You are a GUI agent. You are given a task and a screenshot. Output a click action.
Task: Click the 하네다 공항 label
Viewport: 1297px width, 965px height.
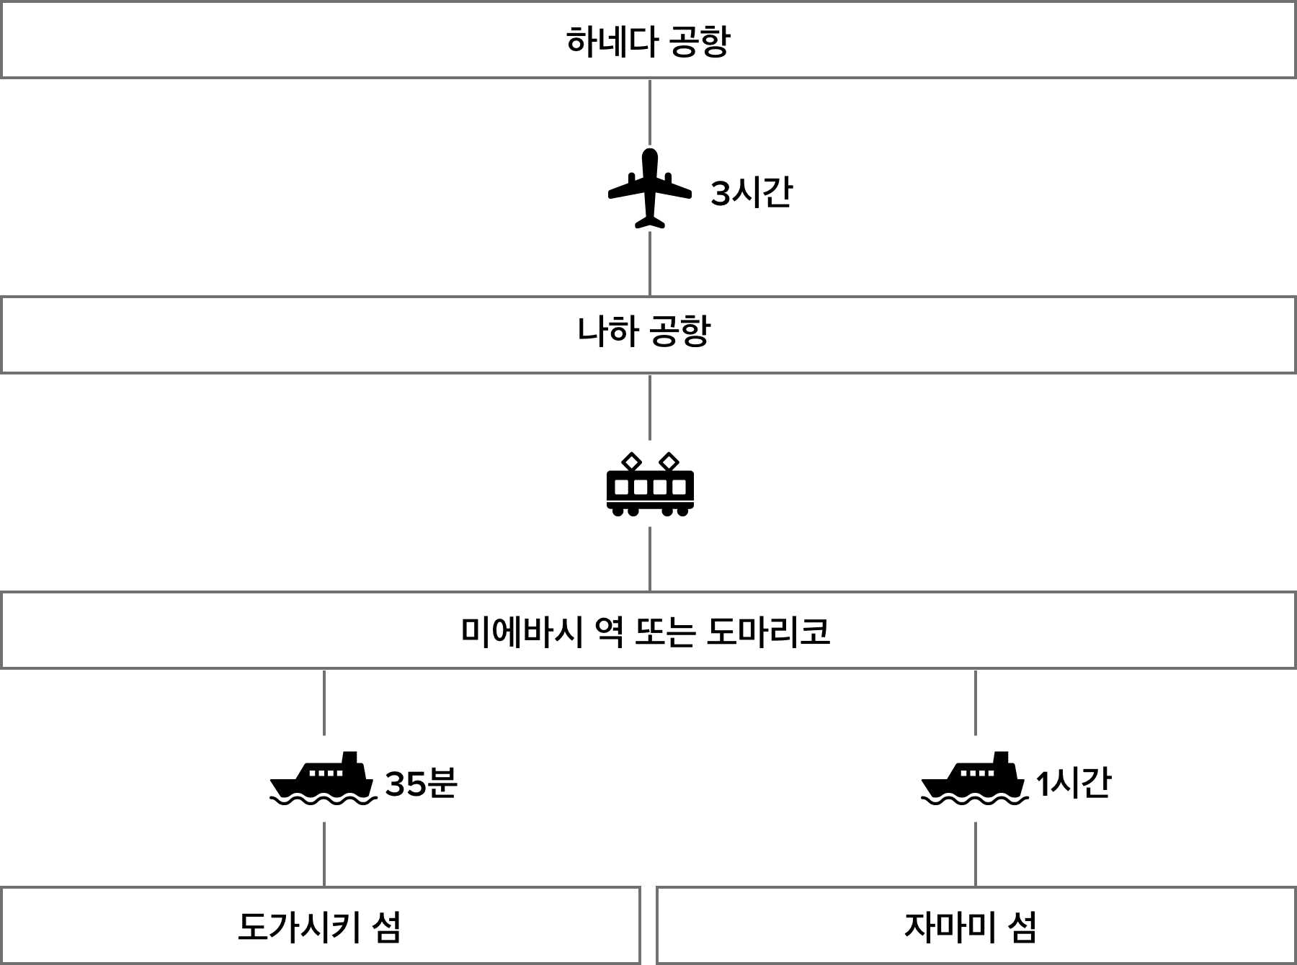(x=648, y=41)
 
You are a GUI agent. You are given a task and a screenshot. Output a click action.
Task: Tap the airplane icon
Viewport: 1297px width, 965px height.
(x=650, y=189)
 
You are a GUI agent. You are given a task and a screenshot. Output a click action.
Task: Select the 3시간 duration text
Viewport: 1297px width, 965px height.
(x=752, y=193)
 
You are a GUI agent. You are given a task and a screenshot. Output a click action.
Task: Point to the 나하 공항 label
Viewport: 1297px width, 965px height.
(x=644, y=331)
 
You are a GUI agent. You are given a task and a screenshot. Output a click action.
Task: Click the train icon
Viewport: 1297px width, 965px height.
(x=650, y=484)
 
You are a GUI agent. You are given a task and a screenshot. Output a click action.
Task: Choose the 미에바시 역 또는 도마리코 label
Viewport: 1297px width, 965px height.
(x=646, y=632)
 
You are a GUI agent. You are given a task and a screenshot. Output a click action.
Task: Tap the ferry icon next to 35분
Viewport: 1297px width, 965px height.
(x=324, y=779)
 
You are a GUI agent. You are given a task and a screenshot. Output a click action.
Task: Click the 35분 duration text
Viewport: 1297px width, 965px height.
(x=422, y=783)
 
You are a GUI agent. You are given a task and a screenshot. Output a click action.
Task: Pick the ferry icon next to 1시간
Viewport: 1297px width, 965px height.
(x=975, y=779)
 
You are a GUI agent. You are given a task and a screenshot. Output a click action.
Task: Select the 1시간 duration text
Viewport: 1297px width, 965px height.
(x=1074, y=783)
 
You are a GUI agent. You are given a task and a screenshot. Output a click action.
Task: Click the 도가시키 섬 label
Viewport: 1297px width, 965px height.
(x=319, y=927)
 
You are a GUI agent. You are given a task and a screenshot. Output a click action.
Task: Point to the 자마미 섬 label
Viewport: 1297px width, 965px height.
(x=971, y=927)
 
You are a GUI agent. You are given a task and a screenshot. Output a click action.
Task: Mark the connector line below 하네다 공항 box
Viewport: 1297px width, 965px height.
(x=650, y=112)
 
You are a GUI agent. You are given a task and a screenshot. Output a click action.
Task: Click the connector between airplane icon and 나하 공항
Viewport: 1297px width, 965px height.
(x=650, y=264)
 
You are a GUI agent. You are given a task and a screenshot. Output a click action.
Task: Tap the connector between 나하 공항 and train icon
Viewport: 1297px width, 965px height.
(x=650, y=407)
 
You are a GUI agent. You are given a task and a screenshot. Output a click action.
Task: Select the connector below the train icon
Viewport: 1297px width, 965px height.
(x=650, y=559)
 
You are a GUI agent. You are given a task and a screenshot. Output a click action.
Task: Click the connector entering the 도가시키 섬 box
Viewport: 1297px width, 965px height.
(x=324, y=854)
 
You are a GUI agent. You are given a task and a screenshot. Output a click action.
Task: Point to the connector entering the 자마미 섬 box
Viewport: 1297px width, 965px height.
(x=975, y=854)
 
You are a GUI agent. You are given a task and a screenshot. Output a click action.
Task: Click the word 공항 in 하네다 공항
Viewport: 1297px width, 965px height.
(x=700, y=41)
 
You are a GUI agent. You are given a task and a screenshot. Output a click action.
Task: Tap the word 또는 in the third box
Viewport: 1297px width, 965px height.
(x=665, y=632)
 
